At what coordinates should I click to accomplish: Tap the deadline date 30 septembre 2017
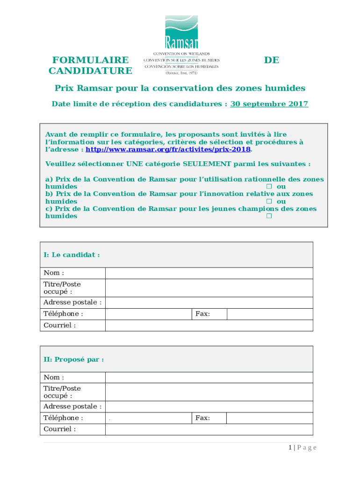(x=269, y=104)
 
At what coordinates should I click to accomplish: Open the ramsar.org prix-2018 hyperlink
(x=168, y=150)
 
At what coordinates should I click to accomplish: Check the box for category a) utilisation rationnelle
(x=269, y=187)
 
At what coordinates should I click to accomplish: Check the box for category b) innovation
(x=269, y=202)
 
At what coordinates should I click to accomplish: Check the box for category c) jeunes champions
(x=269, y=216)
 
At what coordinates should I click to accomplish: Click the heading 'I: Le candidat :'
(x=72, y=255)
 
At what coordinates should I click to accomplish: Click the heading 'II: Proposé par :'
(x=73, y=359)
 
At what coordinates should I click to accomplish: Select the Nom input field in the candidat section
(x=209, y=273)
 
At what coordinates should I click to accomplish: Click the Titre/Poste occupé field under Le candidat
(x=209, y=288)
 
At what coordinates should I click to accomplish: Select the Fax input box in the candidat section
(x=269, y=314)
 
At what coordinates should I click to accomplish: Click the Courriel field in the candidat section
(x=209, y=326)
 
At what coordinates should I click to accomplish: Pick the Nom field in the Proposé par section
(x=209, y=377)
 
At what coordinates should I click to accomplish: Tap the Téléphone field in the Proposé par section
(x=148, y=418)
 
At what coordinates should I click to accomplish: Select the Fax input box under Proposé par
(x=269, y=418)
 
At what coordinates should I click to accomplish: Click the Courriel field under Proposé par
(x=209, y=429)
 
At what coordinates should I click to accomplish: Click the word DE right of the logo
(x=271, y=60)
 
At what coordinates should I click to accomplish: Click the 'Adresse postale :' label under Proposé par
(x=72, y=406)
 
